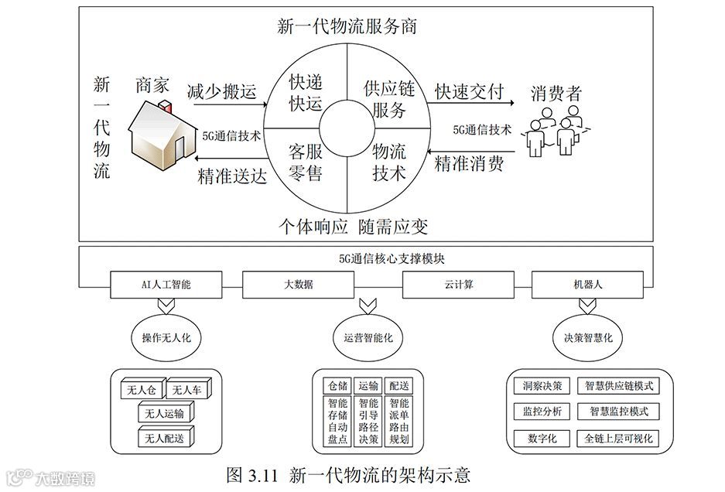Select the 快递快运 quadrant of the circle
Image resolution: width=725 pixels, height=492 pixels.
(305, 92)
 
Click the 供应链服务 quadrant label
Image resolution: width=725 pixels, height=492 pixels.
(388, 98)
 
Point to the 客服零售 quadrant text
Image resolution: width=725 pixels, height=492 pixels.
(305, 161)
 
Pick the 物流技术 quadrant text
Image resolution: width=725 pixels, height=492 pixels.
(388, 161)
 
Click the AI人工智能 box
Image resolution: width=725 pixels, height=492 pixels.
(161, 285)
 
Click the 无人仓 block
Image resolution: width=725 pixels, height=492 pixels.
(139, 390)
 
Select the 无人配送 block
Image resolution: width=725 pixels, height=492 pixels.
(165, 439)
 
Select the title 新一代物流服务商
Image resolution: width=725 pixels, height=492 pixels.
(347, 27)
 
